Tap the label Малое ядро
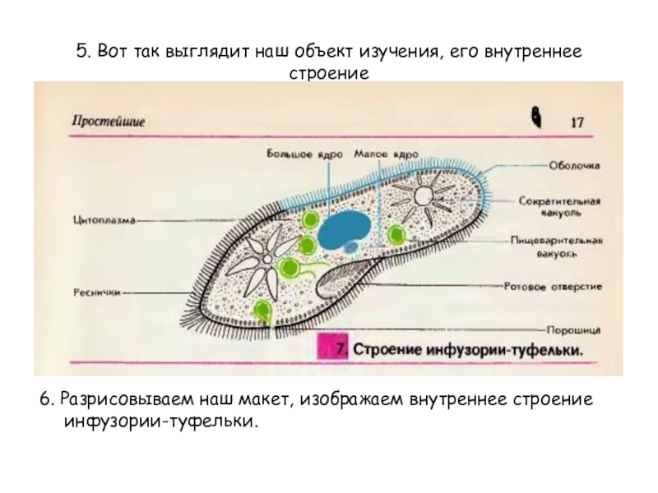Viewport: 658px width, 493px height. pyautogui.click(x=385, y=153)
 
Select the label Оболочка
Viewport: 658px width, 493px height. pyautogui.click(x=574, y=164)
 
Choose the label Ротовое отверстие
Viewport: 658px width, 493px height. pyautogui.click(x=553, y=287)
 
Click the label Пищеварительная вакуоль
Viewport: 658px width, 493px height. pyautogui.click(x=558, y=247)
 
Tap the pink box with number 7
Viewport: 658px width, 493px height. pyautogui.click(x=336, y=348)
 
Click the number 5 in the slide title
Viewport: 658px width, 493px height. pyautogui.click(x=81, y=53)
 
